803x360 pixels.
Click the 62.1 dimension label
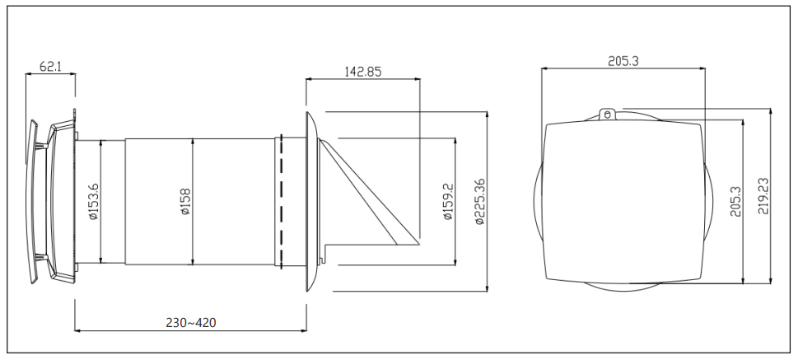(51, 66)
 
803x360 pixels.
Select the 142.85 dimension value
(362, 71)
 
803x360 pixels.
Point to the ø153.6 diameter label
(93, 202)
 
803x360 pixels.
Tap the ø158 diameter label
(185, 202)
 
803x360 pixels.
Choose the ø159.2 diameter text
(448, 201)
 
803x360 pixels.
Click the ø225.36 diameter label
(480, 201)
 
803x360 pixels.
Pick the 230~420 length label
(191, 323)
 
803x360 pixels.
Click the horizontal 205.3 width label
(623, 62)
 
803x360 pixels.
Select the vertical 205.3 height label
(735, 201)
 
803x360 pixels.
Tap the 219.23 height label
(763, 195)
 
